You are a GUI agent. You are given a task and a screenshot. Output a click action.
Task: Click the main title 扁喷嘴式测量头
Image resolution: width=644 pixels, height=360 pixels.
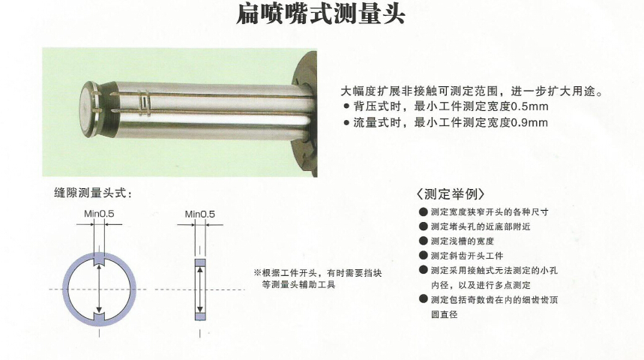tap(321, 13)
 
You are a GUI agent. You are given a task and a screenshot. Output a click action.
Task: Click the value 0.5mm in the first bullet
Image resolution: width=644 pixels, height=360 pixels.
tap(529, 106)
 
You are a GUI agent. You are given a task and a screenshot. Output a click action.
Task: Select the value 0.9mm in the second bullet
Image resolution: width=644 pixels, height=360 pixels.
tap(529, 122)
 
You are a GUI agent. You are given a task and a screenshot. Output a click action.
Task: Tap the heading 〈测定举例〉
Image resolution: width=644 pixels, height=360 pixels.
tap(450, 194)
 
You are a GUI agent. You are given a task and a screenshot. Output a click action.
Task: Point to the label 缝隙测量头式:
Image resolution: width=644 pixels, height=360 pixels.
tap(93, 193)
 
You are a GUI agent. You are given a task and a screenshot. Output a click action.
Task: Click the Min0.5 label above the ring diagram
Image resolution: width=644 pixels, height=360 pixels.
tap(99, 214)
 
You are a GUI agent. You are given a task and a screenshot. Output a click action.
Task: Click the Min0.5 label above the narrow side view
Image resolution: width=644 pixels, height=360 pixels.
tap(199, 214)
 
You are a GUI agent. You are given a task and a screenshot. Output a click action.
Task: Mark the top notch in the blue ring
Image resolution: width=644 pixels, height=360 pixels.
tap(99, 261)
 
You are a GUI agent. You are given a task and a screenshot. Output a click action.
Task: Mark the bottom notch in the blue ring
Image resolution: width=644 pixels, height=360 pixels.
tap(99, 316)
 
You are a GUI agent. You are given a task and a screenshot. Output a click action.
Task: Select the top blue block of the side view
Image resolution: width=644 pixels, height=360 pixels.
tap(200, 262)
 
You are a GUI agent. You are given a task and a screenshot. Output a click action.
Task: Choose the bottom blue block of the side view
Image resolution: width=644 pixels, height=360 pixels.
tap(200, 316)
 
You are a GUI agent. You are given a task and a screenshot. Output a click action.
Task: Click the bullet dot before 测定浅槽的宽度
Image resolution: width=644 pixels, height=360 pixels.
tap(424, 241)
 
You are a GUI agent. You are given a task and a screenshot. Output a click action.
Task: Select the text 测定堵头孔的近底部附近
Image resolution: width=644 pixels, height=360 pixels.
tap(481, 226)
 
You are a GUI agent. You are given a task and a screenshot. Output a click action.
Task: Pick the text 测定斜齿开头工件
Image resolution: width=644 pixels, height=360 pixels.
tap(467, 256)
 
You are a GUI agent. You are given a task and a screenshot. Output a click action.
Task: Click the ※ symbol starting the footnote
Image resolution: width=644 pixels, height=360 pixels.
tap(257, 273)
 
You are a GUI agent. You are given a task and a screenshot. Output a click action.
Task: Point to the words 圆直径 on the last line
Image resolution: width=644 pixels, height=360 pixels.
tap(444, 314)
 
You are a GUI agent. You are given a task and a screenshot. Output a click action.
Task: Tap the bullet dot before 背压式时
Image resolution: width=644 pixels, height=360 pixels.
tap(346, 106)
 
